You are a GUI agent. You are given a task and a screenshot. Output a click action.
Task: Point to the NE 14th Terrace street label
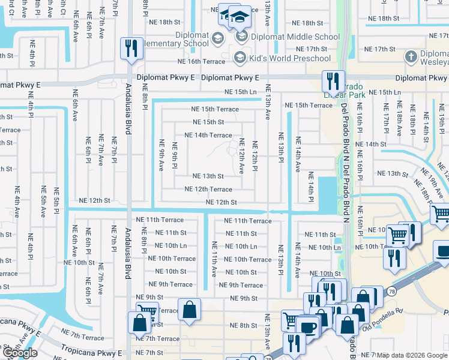coord(208,135)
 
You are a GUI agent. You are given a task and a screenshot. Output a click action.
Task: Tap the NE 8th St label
coord(244,325)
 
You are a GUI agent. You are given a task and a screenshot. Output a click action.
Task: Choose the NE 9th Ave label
coord(161,154)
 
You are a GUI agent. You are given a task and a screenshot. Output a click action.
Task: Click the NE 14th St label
coord(371,145)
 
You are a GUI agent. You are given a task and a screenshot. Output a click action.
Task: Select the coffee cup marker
coord(308,327)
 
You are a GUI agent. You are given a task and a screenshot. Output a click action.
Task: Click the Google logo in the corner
coord(20,353)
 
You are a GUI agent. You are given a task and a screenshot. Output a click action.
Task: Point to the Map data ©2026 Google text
coord(412,355)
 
